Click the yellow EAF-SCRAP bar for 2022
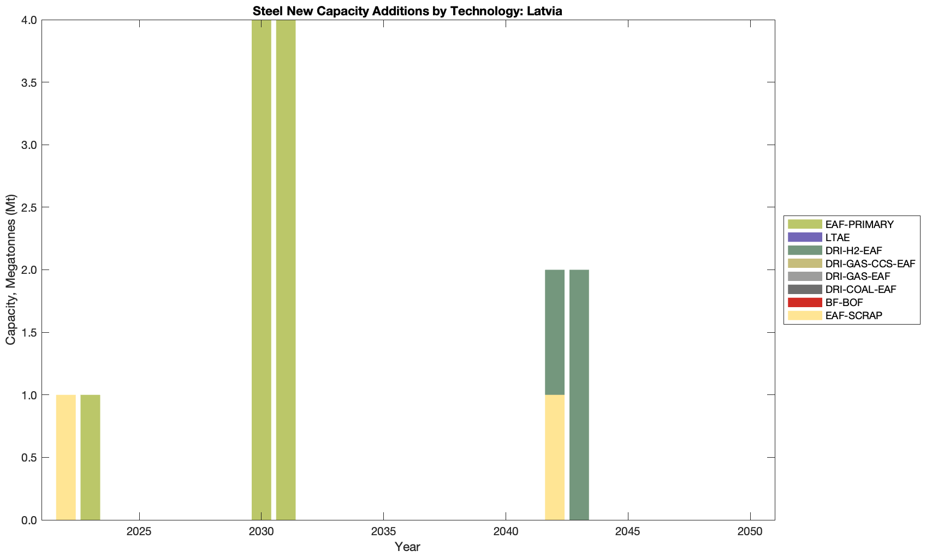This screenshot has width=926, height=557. coord(66,457)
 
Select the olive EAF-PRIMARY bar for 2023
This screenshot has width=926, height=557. coord(90,457)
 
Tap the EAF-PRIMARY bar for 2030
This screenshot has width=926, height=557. coord(261,270)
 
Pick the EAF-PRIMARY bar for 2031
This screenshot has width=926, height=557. coord(286,270)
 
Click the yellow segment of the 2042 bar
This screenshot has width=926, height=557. coord(554,457)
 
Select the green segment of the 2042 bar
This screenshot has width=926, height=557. coord(554,332)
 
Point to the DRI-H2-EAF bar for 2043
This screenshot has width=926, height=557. coord(579,395)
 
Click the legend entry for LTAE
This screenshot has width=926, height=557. coord(838,237)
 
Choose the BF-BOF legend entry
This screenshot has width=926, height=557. coord(844,302)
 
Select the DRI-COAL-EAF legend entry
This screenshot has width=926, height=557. coord(860,289)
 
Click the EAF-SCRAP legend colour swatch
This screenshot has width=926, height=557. coord(804,315)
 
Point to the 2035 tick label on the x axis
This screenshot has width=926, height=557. coord(383,532)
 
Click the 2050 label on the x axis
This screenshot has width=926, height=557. coord(750,532)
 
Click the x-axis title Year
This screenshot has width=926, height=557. coord(407,547)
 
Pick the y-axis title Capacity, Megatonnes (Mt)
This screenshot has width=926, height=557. coord(11,269)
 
